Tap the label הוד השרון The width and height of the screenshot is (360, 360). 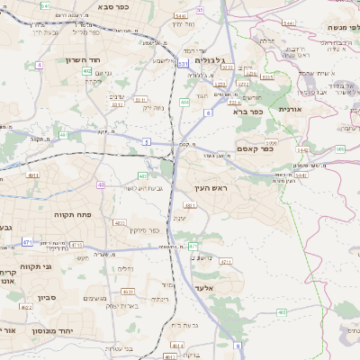tap(62, 59)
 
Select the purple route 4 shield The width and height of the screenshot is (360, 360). tap(40, 65)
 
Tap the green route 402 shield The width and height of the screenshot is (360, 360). tap(142, 176)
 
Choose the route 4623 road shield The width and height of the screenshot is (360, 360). tap(128, 292)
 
